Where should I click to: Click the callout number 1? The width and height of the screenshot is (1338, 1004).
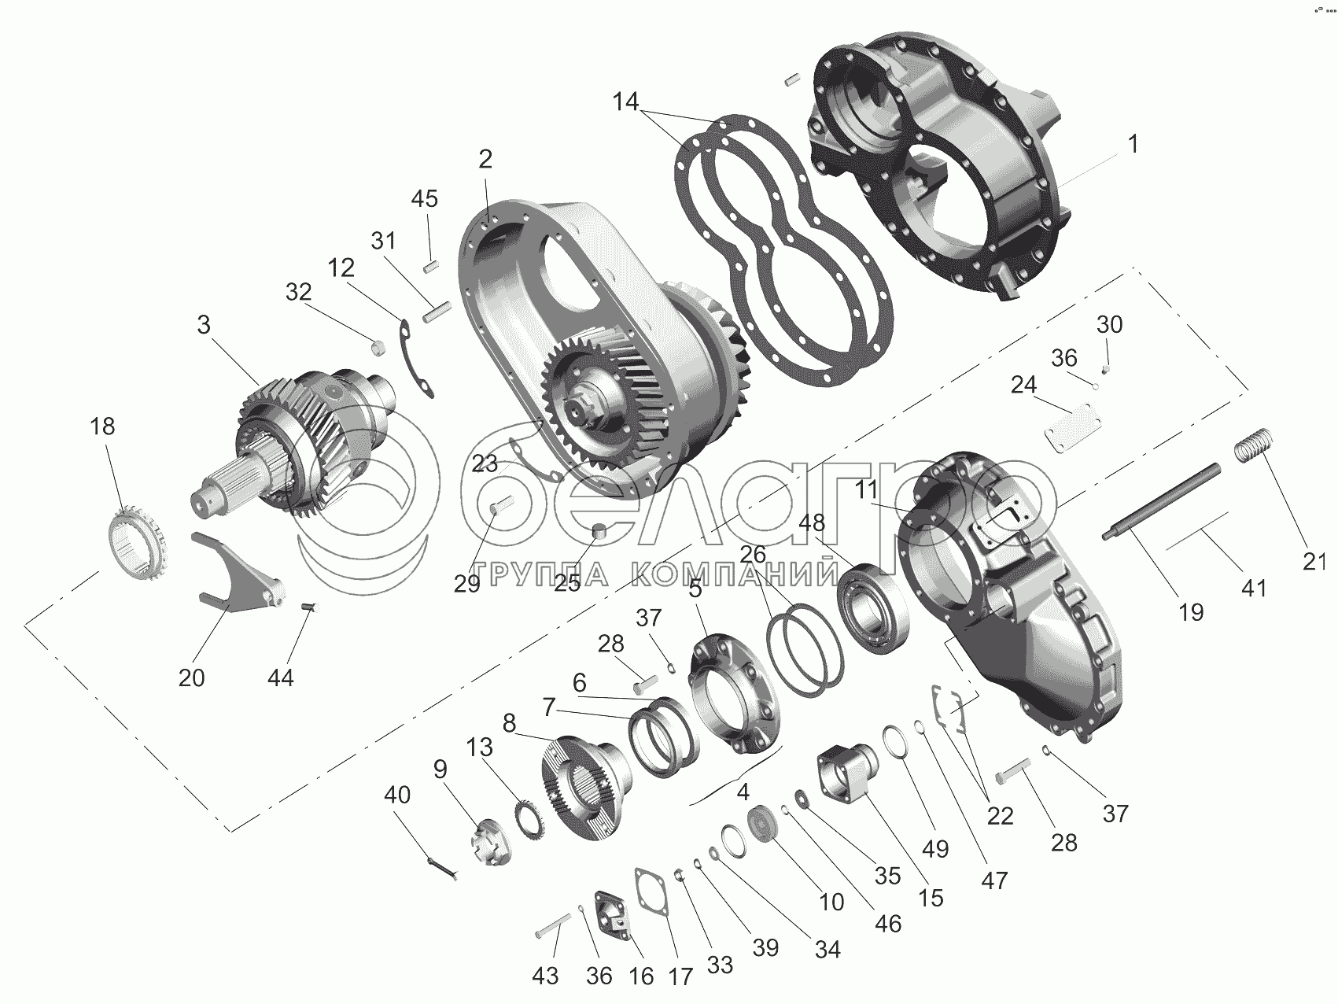coord(1133,145)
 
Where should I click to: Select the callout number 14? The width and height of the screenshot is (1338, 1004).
coord(627,102)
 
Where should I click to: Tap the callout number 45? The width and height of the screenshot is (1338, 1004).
coord(425,198)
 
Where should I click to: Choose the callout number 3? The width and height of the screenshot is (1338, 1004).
coord(204,325)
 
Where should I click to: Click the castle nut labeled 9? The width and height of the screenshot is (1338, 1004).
coord(494,843)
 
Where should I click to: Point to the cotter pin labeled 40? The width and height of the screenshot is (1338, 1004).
coord(444,868)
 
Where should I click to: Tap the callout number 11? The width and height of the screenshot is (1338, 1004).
coord(866,489)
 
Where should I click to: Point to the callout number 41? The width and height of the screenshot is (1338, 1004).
coord(1254,586)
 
